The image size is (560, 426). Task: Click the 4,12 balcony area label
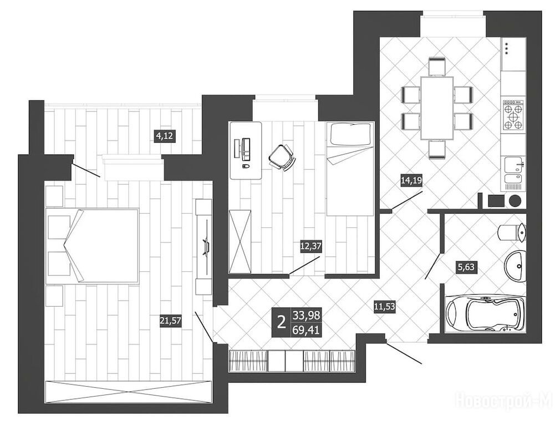pyautogui.click(x=166, y=136)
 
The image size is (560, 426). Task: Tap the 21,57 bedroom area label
pyautogui.click(x=171, y=321)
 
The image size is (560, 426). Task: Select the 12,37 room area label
pyautogui.click(x=310, y=246)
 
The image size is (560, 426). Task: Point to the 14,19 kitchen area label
pyautogui.click(x=411, y=180)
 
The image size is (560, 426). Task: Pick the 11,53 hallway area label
pyautogui.click(x=385, y=306)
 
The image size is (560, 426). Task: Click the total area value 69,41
pyautogui.click(x=306, y=329)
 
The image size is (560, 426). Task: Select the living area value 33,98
pyautogui.click(x=306, y=315)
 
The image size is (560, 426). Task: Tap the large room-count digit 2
pyautogui.click(x=282, y=322)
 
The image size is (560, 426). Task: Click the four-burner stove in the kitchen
pyautogui.click(x=514, y=114)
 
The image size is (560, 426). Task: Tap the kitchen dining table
pyautogui.click(x=437, y=108)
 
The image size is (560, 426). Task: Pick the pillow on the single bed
pyautogui.click(x=350, y=134)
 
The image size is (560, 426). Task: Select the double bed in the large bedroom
pyautogui.click(x=93, y=246)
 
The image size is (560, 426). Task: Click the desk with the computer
pyautogui.click(x=246, y=150)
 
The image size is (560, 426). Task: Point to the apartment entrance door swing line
pyautogui.click(x=404, y=353)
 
